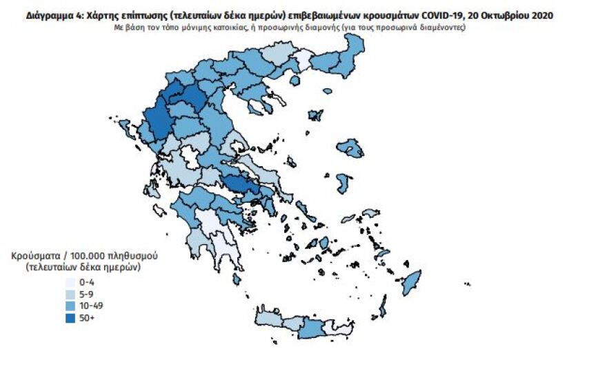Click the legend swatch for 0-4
[x=70, y=282]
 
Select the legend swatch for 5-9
[x=70, y=294]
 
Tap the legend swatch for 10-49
[x=70, y=306]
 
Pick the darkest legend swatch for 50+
[x=70, y=317]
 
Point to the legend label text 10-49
[x=92, y=306]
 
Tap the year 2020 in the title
[x=539, y=15]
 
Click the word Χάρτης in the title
[x=101, y=15]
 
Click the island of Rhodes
[x=412, y=281]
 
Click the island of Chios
[x=343, y=183]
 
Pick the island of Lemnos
[x=317, y=115]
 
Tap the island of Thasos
[x=295, y=81]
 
